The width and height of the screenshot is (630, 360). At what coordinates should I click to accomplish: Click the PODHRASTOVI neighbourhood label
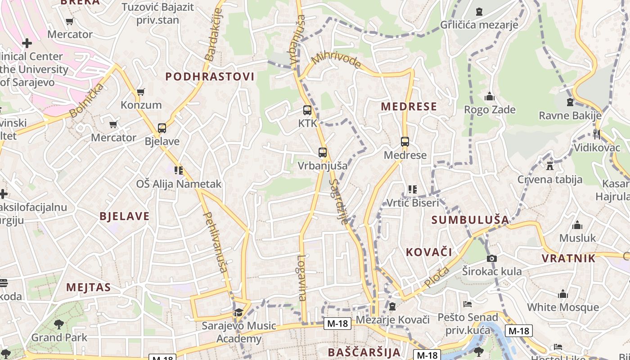click(x=210, y=76)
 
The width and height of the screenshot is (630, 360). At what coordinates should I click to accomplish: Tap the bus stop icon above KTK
click(x=307, y=110)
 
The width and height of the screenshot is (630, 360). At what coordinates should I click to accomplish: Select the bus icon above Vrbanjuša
click(x=323, y=153)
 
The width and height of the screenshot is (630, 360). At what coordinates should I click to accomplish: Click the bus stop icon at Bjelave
click(x=162, y=128)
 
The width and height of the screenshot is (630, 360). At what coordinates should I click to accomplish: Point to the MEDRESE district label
click(x=409, y=107)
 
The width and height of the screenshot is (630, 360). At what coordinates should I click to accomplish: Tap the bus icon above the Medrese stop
click(x=405, y=142)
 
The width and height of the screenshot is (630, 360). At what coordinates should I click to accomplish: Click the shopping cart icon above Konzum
click(x=141, y=92)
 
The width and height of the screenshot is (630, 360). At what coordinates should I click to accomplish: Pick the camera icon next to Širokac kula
click(x=492, y=258)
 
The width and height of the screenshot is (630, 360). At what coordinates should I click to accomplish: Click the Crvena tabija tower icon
click(x=549, y=166)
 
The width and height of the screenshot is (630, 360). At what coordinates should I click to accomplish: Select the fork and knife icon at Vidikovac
click(x=597, y=134)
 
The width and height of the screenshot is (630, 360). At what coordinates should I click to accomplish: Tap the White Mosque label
click(x=563, y=307)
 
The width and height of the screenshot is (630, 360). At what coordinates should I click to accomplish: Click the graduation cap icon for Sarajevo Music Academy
click(x=238, y=312)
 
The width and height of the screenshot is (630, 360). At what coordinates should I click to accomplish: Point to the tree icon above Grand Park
click(x=59, y=324)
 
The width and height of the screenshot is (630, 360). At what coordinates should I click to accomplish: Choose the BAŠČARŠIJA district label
click(x=364, y=352)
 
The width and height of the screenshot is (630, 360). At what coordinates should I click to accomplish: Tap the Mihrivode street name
click(x=336, y=61)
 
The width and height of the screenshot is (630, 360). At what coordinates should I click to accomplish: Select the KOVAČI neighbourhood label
click(x=429, y=252)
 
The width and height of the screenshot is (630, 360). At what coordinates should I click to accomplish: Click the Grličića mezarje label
click(x=479, y=24)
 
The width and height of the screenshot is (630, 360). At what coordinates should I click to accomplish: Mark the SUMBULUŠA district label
click(x=470, y=220)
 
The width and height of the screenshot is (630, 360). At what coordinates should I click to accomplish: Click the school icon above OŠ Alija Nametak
click(x=179, y=171)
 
